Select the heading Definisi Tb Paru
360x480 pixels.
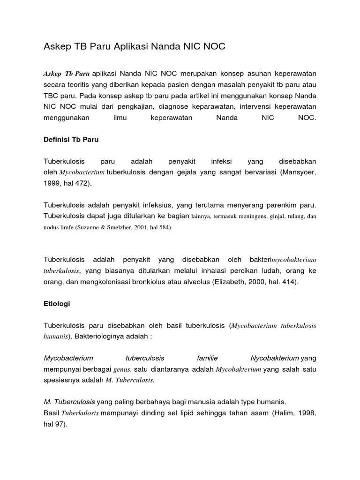[71, 140]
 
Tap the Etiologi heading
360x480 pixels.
[57, 304]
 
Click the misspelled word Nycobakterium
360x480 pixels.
[275, 358]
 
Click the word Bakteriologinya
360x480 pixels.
[99, 337]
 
